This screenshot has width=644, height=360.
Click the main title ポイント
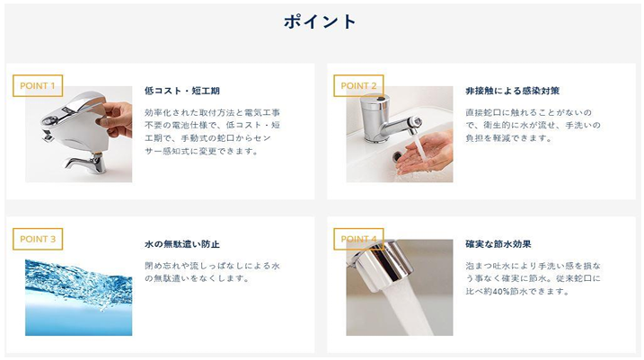coord(320,22)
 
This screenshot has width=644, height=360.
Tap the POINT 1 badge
coord(38,86)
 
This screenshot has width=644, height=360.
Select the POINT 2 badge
coord(358,86)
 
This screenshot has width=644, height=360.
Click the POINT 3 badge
coord(38,239)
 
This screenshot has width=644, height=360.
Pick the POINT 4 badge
coord(358,239)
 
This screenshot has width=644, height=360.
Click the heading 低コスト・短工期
coord(182,91)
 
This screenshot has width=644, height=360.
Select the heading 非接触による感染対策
coord(512,91)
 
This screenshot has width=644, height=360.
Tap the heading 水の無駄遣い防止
coord(182,244)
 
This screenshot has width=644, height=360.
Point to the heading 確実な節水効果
coord(498,244)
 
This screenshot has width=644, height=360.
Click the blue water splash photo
coord(79,297)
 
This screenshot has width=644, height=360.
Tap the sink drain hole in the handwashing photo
coord(397,156)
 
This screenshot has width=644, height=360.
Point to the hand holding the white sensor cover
coord(116,119)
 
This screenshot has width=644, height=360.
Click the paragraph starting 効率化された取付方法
coord(212,131)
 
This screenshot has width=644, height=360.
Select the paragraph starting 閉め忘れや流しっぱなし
coord(212,272)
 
